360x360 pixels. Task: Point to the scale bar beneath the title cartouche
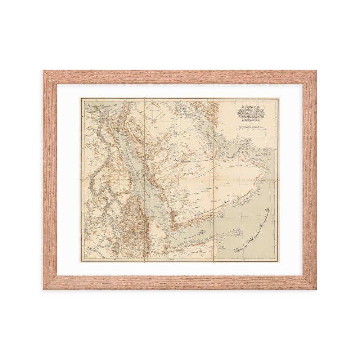[253, 128]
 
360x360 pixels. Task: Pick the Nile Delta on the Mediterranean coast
[101, 112]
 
